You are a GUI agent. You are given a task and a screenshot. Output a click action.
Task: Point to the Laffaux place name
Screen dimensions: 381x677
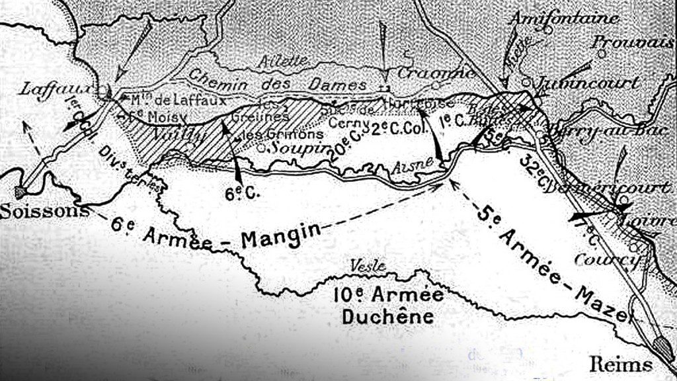tap(47, 89)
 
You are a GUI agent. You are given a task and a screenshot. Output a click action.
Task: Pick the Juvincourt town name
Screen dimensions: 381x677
tap(588, 83)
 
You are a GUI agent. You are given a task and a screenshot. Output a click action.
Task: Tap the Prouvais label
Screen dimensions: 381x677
tap(633, 42)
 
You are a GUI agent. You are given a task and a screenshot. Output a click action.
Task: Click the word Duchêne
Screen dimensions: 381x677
tap(387, 316)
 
